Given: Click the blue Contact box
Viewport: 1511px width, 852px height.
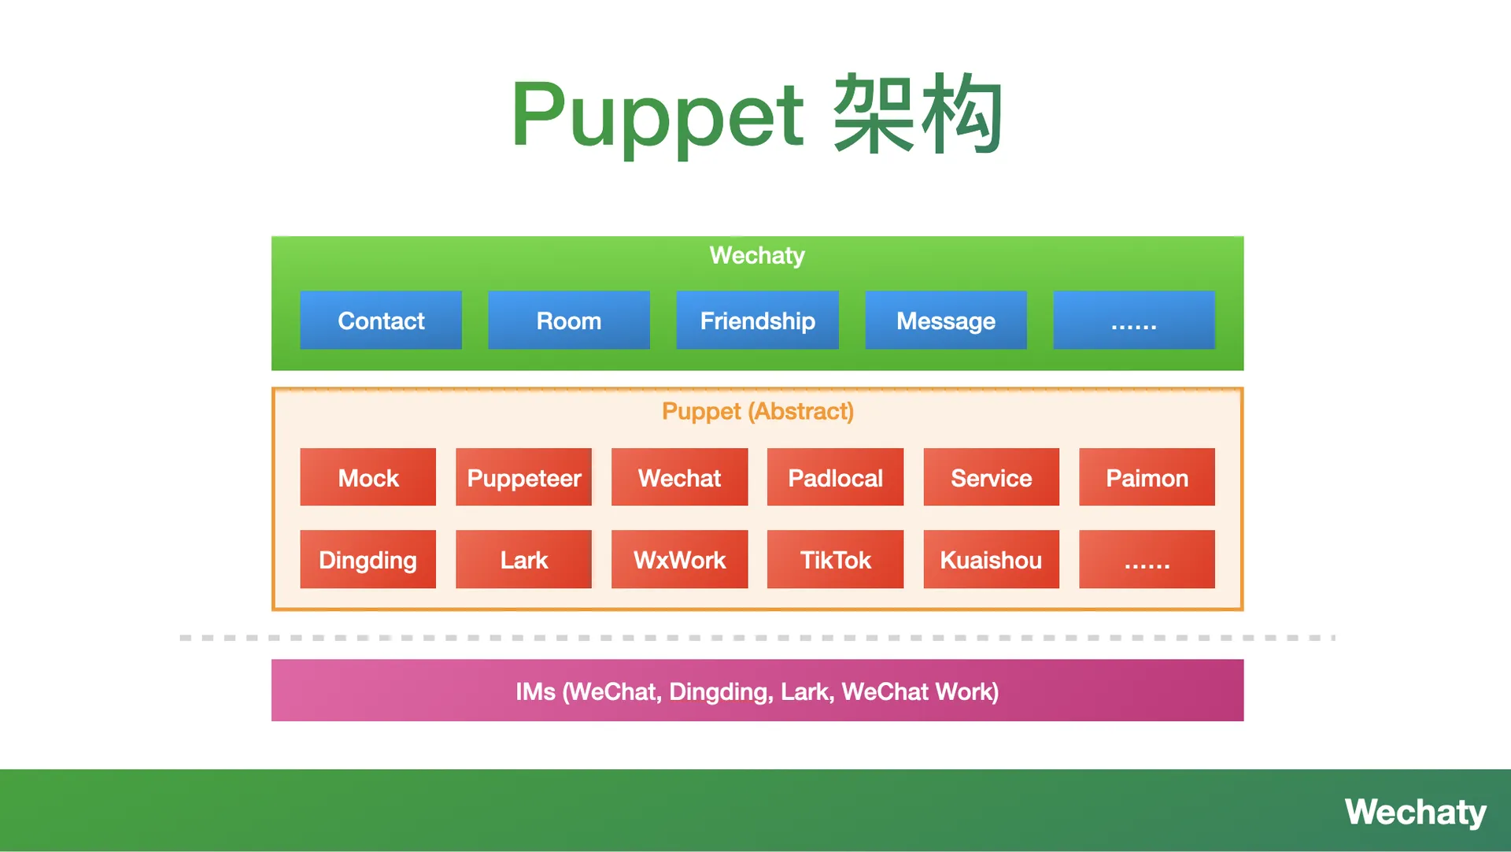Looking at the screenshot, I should pos(381,320).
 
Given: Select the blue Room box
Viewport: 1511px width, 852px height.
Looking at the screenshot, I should pos(568,320).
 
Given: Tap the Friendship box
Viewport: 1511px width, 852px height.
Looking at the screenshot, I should pos(757,320).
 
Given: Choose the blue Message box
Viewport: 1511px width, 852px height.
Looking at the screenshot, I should pos(945,320).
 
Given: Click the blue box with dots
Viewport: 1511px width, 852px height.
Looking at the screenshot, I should pos(1133,320).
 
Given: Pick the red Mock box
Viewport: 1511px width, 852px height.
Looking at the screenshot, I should pos(368,477).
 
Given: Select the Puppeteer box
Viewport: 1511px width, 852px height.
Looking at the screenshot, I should pos(523,477).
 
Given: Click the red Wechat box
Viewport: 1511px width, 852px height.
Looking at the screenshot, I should pos(679,477).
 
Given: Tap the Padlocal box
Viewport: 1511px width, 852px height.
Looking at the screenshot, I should pos(835,477).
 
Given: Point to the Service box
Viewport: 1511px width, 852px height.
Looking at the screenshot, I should pos(991,477).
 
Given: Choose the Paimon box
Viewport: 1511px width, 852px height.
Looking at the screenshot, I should pos(1147,477).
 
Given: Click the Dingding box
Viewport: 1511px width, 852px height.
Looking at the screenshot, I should pos(368,559).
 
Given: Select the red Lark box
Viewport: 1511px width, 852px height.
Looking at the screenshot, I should pos(523,559).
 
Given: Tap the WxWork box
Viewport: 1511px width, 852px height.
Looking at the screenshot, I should pos(679,559).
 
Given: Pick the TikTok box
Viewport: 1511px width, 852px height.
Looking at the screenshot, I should pos(835,559).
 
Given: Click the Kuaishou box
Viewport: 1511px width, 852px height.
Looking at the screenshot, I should pos(991,559).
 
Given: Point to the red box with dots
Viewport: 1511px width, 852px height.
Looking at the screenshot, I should pos(1147,559).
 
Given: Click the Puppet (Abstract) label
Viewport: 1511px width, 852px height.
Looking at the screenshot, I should pos(757,411).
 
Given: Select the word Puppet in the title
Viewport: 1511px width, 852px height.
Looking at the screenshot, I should pos(657,116).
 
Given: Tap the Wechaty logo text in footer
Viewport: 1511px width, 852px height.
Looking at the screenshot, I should pos(1415,812).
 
